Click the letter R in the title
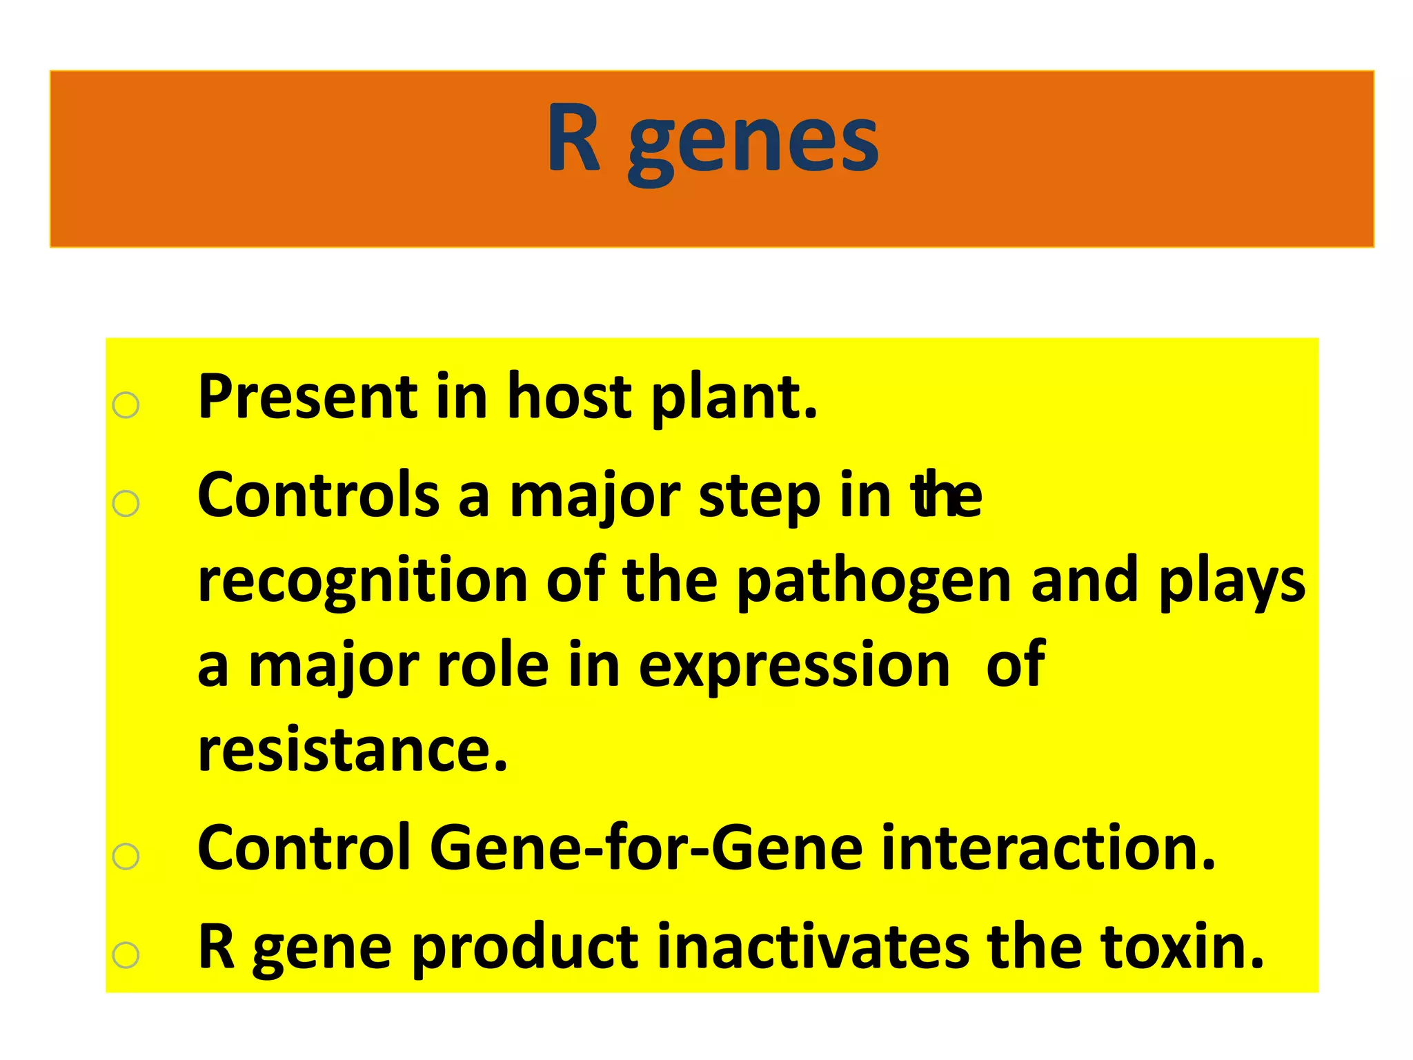[x=573, y=138]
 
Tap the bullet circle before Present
[x=126, y=405]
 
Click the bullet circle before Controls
[x=126, y=504]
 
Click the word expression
[x=794, y=668]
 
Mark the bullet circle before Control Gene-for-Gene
[x=126, y=856]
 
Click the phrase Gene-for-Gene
[x=646, y=848]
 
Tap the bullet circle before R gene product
[x=126, y=955]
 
